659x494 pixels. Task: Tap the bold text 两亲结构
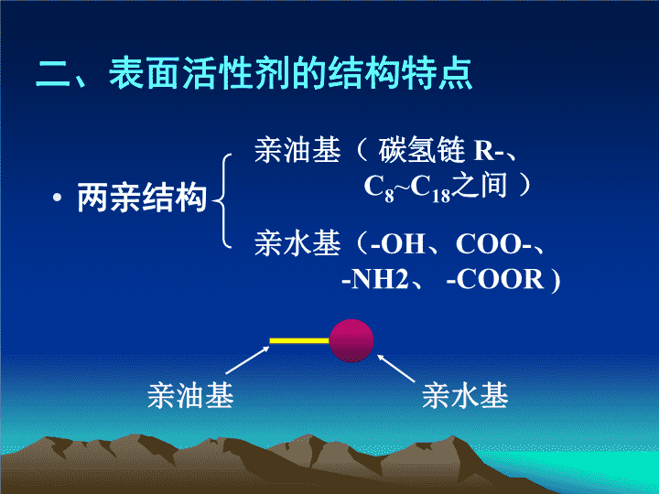[142, 199]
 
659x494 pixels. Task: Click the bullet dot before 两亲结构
[58, 199]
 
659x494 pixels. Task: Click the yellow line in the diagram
[298, 341]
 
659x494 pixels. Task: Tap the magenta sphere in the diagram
[351, 340]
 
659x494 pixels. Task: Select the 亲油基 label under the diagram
[190, 395]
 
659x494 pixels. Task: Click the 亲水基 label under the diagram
[465, 395]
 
